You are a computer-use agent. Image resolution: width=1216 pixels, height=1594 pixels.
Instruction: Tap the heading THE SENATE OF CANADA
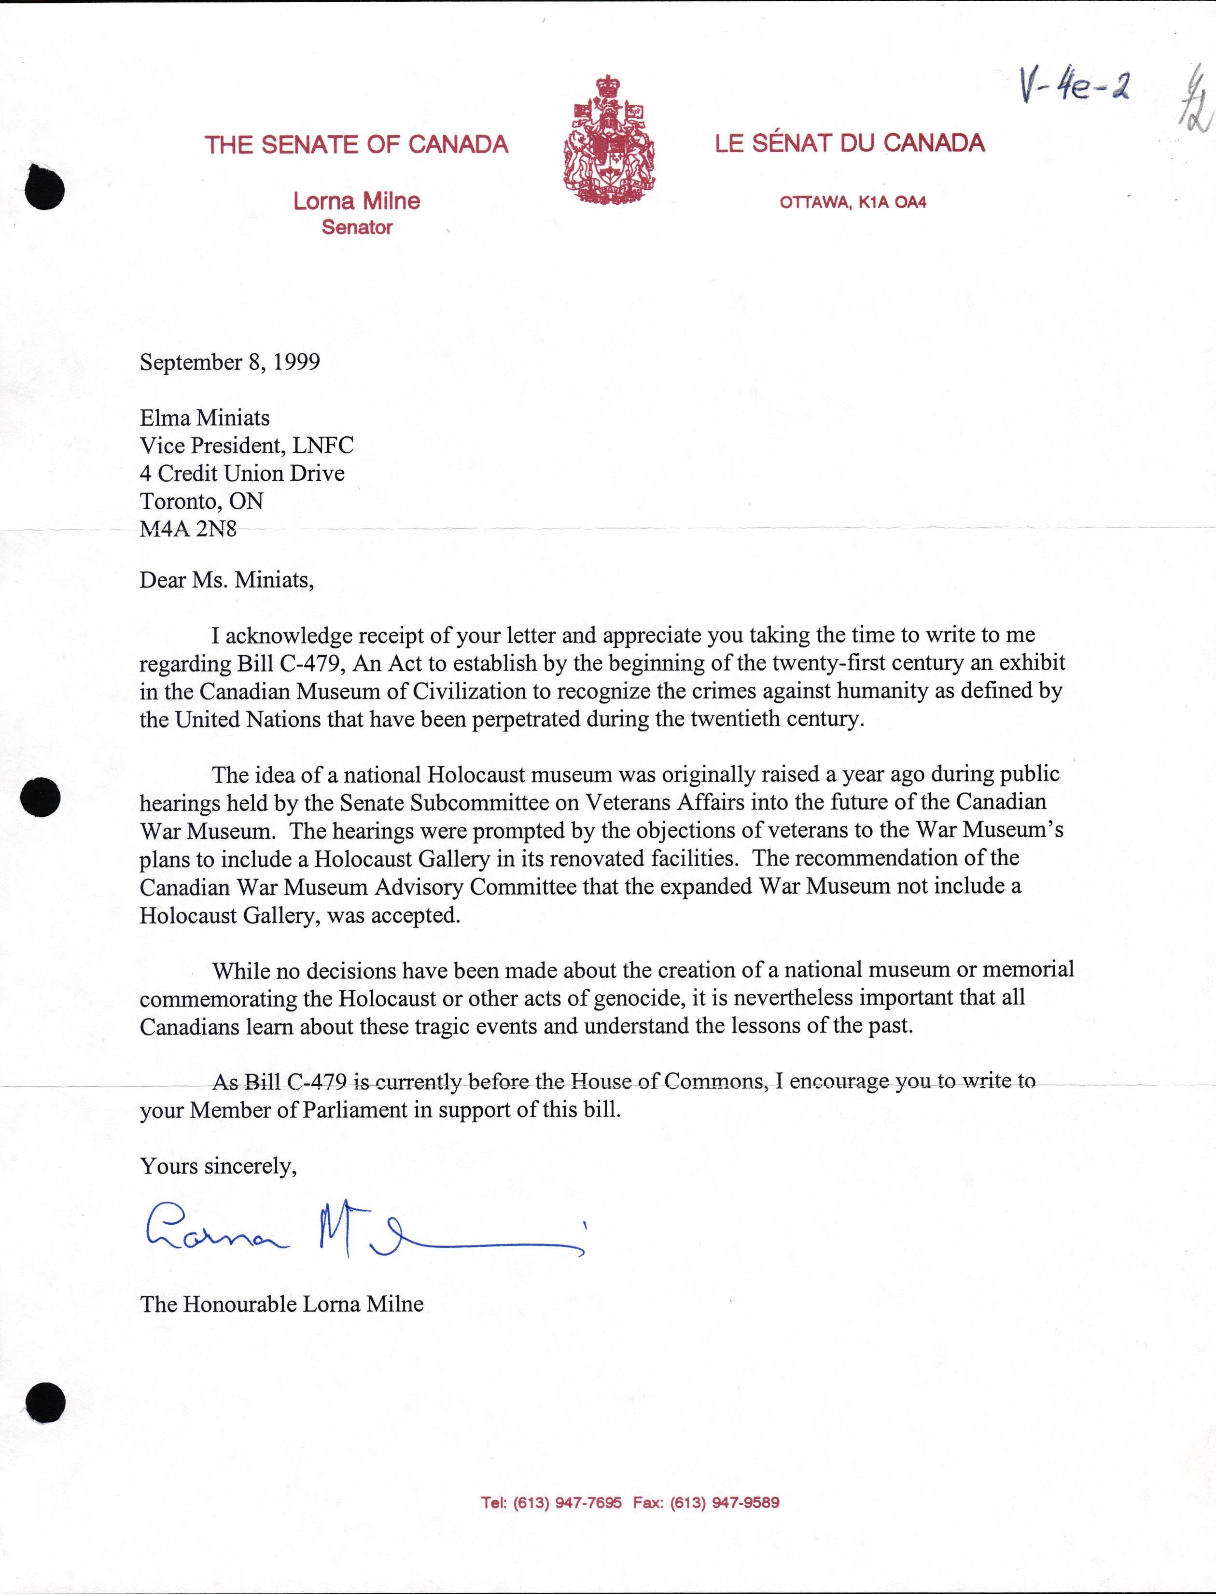tap(356, 145)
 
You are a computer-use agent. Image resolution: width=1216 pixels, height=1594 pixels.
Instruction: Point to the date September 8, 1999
tap(229, 362)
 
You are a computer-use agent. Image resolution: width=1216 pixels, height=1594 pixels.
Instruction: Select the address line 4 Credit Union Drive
tap(242, 474)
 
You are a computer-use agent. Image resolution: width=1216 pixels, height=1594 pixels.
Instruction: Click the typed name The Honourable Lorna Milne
tap(281, 1304)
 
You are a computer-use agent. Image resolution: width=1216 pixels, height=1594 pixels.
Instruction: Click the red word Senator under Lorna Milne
tap(357, 227)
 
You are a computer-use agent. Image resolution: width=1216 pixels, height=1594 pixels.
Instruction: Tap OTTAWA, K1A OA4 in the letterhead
tap(853, 203)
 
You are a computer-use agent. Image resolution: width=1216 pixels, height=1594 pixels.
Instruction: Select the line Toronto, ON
tap(201, 501)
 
